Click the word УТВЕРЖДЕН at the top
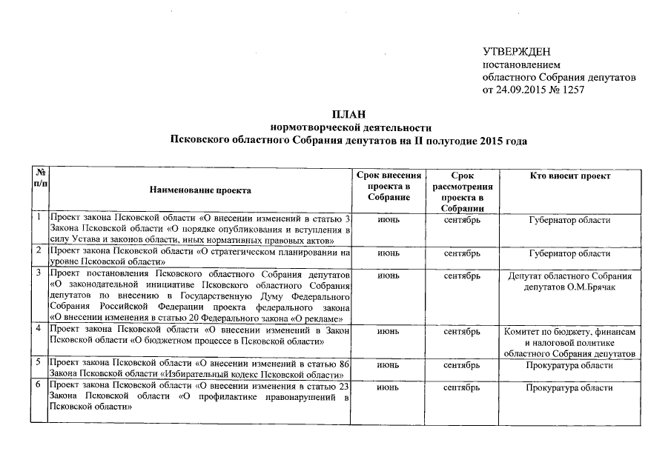coord(516,52)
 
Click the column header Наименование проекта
coord(200,191)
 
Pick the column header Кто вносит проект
coord(570,176)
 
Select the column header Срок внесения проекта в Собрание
coord(389,187)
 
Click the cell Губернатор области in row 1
coord(570,221)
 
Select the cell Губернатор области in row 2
coord(570,254)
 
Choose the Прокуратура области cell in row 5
coord(570,366)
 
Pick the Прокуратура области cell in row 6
coord(570,388)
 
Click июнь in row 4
coord(389,333)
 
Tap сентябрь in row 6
coord(462,388)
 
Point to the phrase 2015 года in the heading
coord(503,140)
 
